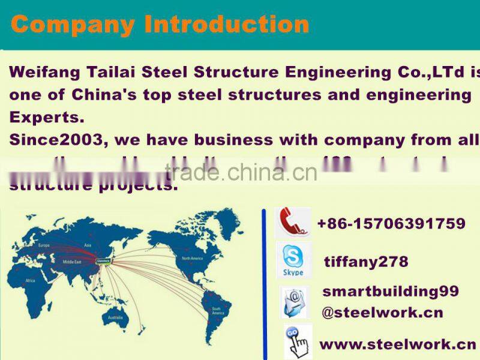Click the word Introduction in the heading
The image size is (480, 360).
click(227, 25)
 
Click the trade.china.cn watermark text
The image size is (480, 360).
click(241, 173)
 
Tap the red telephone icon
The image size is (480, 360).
click(292, 223)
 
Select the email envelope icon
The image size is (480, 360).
click(295, 302)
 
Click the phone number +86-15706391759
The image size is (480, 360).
click(391, 224)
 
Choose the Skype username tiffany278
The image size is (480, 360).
click(366, 262)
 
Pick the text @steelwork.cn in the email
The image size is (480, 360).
click(382, 313)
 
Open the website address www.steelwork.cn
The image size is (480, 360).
click(397, 344)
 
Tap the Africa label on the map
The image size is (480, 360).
click(30, 280)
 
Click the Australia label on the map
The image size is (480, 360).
click(115, 317)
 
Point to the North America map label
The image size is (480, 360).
click(193, 258)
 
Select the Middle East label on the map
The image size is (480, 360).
click(73, 262)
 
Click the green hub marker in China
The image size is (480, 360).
click(104, 260)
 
